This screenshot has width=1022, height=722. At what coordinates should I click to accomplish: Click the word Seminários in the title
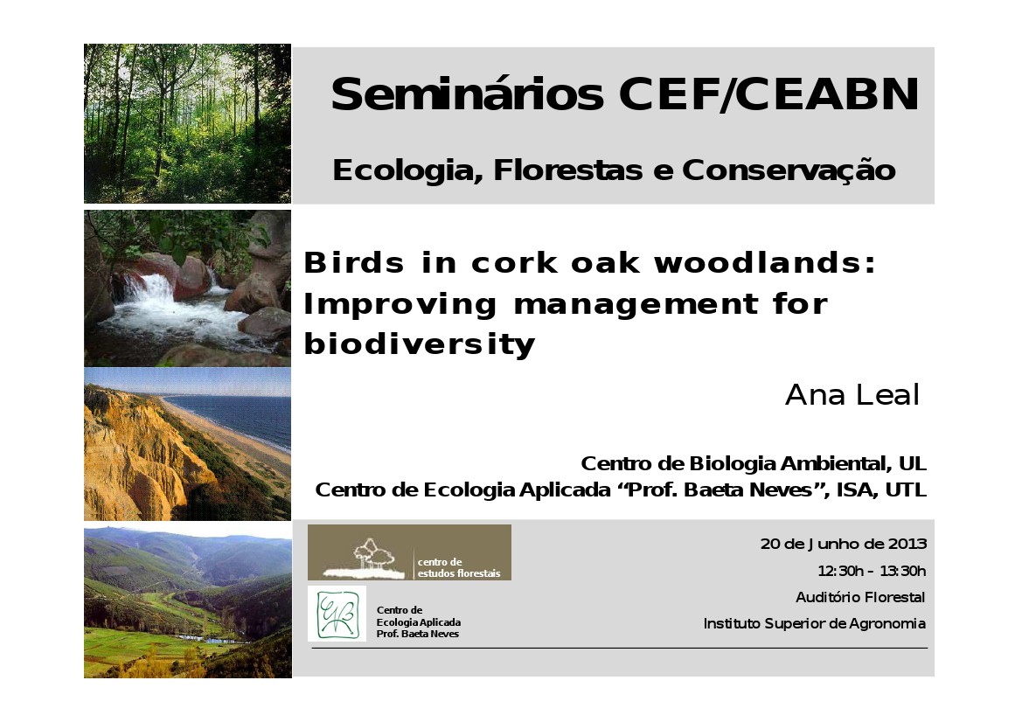[x=468, y=94]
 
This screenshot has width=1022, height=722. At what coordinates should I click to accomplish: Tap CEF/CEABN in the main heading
[x=769, y=94]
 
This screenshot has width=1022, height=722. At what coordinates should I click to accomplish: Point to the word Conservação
[x=789, y=170]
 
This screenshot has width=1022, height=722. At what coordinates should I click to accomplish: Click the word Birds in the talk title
[x=354, y=262]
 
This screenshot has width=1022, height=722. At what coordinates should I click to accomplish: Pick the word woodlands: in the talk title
[x=765, y=262]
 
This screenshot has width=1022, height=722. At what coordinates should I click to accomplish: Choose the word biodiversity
[x=419, y=344]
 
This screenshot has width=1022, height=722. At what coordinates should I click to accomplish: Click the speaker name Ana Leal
[x=852, y=395]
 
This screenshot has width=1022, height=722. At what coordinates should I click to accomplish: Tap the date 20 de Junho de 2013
[x=844, y=544]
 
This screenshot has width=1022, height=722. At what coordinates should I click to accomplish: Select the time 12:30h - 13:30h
[x=872, y=571]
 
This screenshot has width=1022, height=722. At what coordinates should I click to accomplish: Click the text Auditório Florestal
[x=859, y=597]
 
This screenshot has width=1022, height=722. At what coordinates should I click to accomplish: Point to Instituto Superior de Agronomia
[x=814, y=623]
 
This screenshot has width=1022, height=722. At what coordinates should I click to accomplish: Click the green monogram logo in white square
[x=337, y=614]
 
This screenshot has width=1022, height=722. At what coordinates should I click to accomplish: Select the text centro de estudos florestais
[x=459, y=567]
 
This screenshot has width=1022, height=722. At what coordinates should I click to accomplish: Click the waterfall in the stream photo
[x=149, y=288]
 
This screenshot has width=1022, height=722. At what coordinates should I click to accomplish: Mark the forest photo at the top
[x=187, y=124]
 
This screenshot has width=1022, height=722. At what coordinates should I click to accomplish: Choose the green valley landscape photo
[x=188, y=603]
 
